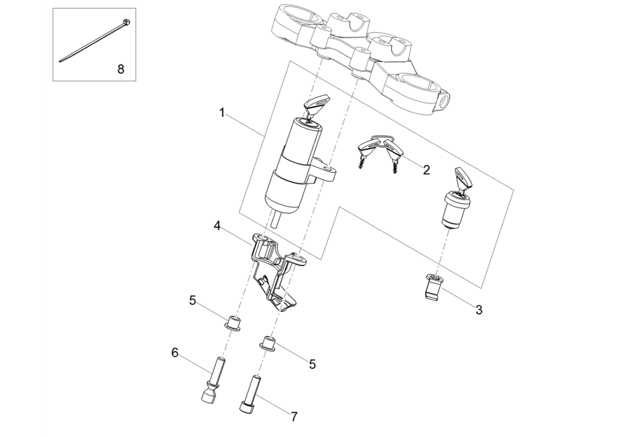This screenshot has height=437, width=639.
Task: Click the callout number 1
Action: point(221,112)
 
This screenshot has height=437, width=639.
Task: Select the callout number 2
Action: point(426,170)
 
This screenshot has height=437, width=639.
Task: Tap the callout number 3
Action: point(479,310)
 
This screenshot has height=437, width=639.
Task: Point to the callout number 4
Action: point(216,224)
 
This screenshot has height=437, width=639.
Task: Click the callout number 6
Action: point(174,352)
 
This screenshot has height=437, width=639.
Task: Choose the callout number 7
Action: point(294,417)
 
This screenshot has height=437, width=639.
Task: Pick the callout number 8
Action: point(121,69)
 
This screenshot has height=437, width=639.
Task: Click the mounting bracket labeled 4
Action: point(273,267)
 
